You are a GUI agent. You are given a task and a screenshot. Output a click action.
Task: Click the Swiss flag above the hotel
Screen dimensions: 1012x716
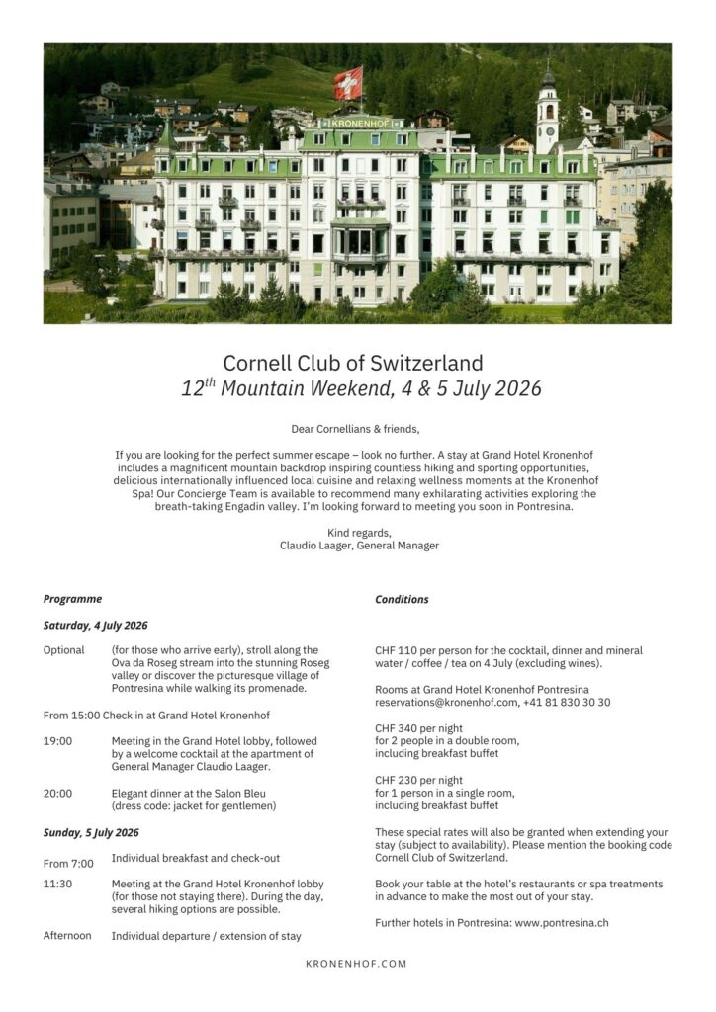[348, 82]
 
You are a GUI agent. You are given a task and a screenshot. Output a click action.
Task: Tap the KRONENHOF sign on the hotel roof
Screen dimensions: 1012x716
[360, 124]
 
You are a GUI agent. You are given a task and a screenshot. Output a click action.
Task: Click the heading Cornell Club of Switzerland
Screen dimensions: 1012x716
[353, 363]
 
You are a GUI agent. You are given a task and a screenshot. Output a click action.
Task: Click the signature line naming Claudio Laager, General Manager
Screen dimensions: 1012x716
[359, 546]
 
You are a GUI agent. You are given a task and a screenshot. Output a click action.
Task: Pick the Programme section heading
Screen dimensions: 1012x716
[72, 599]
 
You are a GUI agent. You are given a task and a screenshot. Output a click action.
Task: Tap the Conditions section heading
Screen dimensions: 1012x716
[402, 599]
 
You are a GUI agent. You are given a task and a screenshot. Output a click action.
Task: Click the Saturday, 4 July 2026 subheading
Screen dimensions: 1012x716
[95, 626]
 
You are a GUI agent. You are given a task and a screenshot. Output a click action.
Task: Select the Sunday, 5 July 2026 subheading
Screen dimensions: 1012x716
[91, 833]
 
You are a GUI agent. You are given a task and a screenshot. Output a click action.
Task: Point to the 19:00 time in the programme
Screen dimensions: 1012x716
[57, 741]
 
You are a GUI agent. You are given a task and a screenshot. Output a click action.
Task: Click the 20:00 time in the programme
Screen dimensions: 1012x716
[57, 793]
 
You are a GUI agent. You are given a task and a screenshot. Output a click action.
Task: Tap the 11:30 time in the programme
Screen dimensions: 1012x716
[57, 884]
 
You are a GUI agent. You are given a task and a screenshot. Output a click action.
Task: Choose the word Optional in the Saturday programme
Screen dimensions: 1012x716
[63, 650]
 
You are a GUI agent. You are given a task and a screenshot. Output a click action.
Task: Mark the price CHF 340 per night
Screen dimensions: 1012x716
[418, 728]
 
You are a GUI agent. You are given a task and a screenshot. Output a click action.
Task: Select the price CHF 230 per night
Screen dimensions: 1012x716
[418, 780]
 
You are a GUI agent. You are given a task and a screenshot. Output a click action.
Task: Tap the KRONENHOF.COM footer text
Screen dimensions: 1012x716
[356, 964]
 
